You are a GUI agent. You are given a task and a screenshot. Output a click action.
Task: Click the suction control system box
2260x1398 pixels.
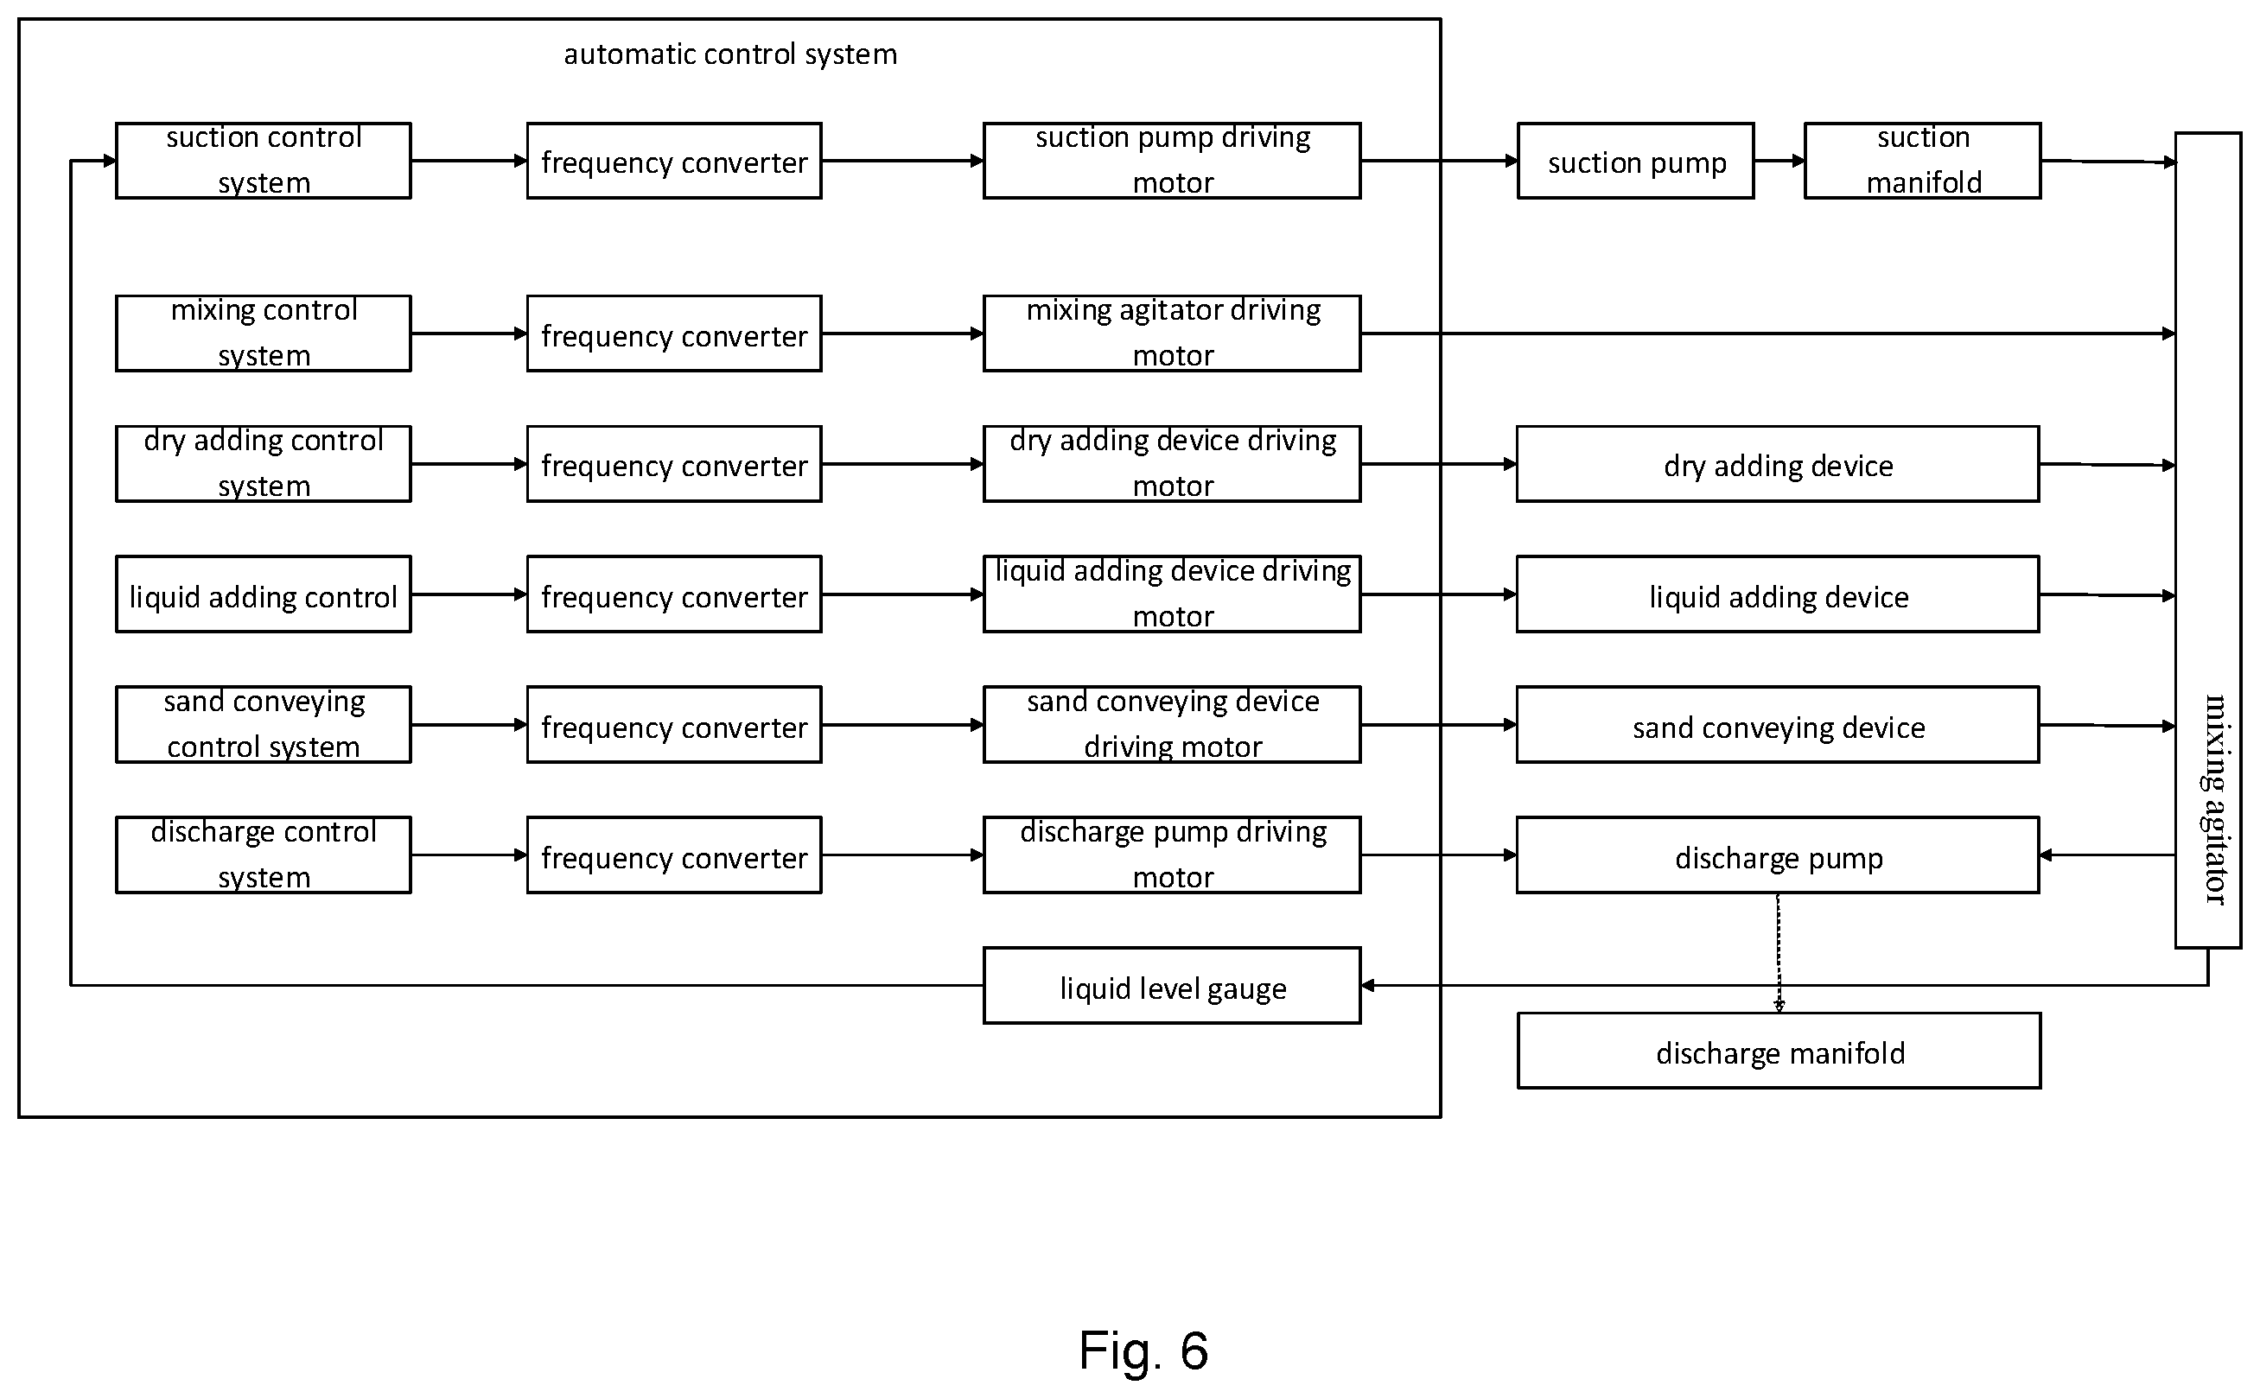[264, 161]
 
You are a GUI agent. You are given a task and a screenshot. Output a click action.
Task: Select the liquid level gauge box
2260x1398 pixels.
[1172, 986]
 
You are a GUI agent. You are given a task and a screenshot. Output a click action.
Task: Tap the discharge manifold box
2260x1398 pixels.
[1779, 1052]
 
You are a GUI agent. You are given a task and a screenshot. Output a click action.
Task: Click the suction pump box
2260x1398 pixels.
[1636, 161]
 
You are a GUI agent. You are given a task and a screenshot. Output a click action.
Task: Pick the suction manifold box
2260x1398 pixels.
[1922, 161]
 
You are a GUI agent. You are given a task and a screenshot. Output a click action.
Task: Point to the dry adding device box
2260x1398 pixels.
[1777, 464]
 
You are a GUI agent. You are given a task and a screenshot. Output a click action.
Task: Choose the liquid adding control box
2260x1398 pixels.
[264, 594]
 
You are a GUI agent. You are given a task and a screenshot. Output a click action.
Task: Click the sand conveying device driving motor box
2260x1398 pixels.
[1172, 725]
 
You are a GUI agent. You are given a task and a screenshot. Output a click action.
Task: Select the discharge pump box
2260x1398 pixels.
[1777, 855]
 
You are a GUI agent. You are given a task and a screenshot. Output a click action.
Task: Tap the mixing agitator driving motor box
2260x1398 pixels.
[1172, 334]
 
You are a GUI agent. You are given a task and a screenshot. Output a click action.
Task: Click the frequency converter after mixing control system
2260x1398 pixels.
[674, 334]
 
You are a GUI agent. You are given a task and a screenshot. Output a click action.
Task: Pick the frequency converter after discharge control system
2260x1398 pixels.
[674, 855]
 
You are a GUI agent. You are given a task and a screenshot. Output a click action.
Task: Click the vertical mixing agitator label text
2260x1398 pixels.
[2215, 799]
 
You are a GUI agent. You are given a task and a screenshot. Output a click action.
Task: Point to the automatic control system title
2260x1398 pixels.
[730, 54]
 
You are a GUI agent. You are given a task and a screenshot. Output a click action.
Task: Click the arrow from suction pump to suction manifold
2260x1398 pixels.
[1779, 161]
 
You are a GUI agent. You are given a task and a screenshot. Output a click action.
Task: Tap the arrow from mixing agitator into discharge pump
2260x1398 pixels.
[2107, 855]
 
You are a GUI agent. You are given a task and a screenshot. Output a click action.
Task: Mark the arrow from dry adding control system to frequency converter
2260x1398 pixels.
[468, 464]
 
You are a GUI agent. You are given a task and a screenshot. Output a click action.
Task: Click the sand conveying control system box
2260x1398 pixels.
[264, 725]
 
